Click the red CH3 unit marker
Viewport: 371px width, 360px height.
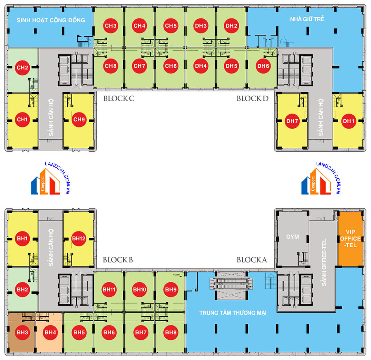pyautogui.click(x=110, y=26)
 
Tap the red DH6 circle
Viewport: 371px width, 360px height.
pyautogui.click(x=263, y=66)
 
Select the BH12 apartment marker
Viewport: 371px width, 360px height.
pyautogui.click(x=79, y=238)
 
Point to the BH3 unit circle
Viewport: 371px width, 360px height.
pyautogui.click(x=22, y=332)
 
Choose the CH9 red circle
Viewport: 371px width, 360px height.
pyautogui.click(x=79, y=119)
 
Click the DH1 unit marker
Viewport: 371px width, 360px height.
pyautogui.click(x=348, y=121)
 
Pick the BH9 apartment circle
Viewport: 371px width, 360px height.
pyautogui.click(x=171, y=289)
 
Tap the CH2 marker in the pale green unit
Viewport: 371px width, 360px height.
pyautogui.click(x=22, y=67)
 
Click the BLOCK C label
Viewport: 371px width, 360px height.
pyautogui.click(x=119, y=99)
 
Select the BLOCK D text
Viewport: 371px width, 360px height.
pyautogui.click(x=253, y=99)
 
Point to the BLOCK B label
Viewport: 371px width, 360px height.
pyautogui.click(x=118, y=260)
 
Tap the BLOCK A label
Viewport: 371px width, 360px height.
pyautogui.click(x=252, y=260)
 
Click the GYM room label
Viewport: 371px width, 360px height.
pyautogui.click(x=292, y=237)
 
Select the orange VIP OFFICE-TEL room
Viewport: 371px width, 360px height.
pyautogui.click(x=350, y=238)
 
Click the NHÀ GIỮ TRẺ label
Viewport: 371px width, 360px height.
pyautogui.click(x=307, y=19)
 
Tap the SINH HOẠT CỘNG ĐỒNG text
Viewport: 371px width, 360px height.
pyautogui.click(x=51, y=20)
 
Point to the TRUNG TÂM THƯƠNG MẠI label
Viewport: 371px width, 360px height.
pyautogui.click(x=233, y=313)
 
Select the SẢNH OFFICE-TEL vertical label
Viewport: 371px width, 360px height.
pyautogui.click(x=324, y=262)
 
